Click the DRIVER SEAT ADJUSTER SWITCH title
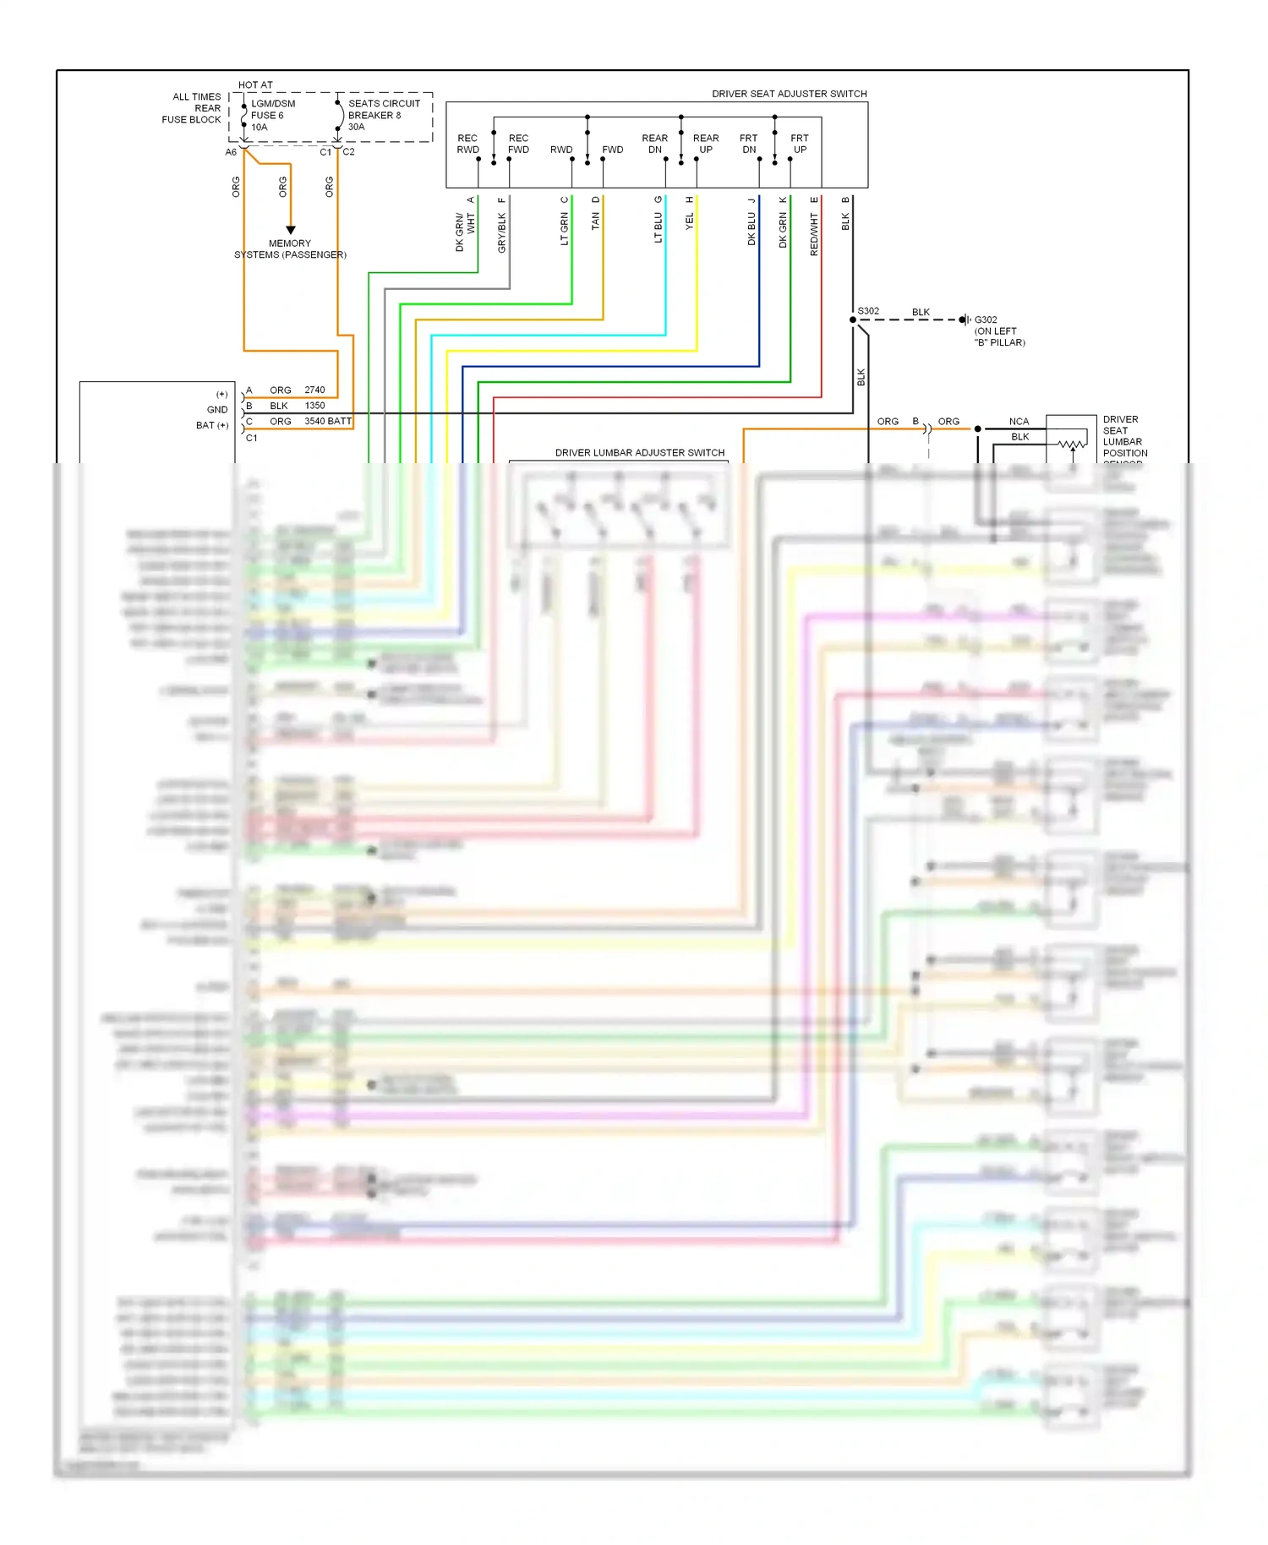click(789, 94)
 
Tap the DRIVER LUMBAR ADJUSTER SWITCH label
click(639, 453)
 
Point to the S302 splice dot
click(853, 319)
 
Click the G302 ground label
click(986, 320)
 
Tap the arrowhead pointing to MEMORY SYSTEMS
click(291, 230)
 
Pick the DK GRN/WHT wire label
click(465, 232)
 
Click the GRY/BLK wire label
click(502, 232)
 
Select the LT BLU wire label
click(659, 227)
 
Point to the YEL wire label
click(690, 221)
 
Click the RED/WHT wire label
click(814, 234)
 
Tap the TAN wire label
click(596, 221)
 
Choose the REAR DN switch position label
click(654, 144)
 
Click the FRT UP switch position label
click(799, 144)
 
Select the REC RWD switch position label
click(467, 144)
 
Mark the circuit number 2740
click(314, 390)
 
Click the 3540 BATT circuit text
click(328, 421)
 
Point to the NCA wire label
click(1019, 422)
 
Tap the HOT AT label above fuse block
click(255, 85)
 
